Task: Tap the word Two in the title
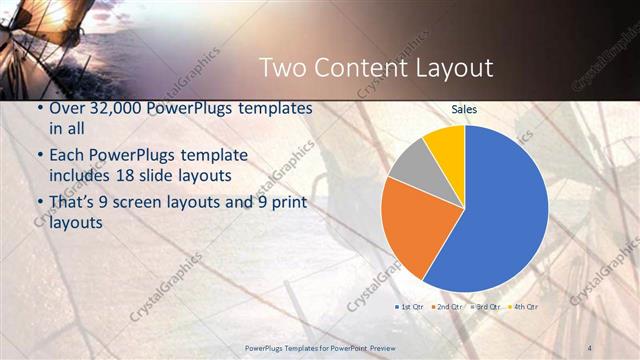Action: tap(282, 68)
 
